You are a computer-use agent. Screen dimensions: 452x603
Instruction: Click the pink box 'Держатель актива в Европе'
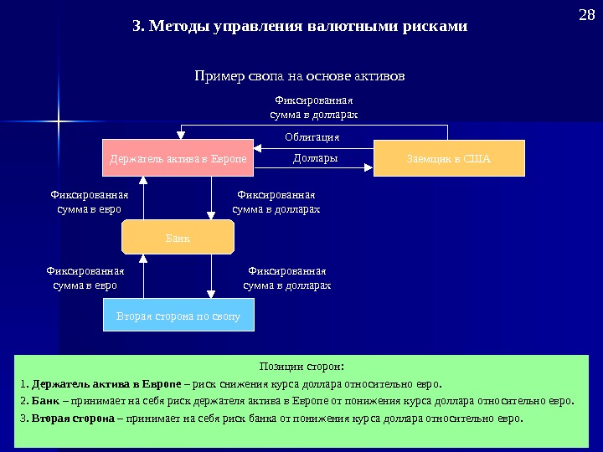coord(178,158)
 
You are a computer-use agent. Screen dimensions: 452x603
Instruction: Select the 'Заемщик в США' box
coord(448,158)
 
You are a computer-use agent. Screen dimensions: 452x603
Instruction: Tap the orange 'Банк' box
coord(178,238)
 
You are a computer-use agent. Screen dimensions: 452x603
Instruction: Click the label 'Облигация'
coord(312,137)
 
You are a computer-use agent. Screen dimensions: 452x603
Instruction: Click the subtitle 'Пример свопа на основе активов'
coord(299,76)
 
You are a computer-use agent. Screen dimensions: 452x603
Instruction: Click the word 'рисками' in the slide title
coord(435,27)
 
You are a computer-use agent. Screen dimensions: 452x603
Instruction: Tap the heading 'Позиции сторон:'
coord(302,367)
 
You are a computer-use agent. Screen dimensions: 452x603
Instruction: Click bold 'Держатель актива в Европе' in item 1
coord(106,384)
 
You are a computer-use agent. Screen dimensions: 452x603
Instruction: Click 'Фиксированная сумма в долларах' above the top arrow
coord(314,106)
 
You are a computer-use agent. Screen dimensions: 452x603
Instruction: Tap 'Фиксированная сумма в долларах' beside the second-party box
coord(286,278)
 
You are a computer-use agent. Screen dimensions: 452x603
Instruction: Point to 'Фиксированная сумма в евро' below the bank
coord(85,278)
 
